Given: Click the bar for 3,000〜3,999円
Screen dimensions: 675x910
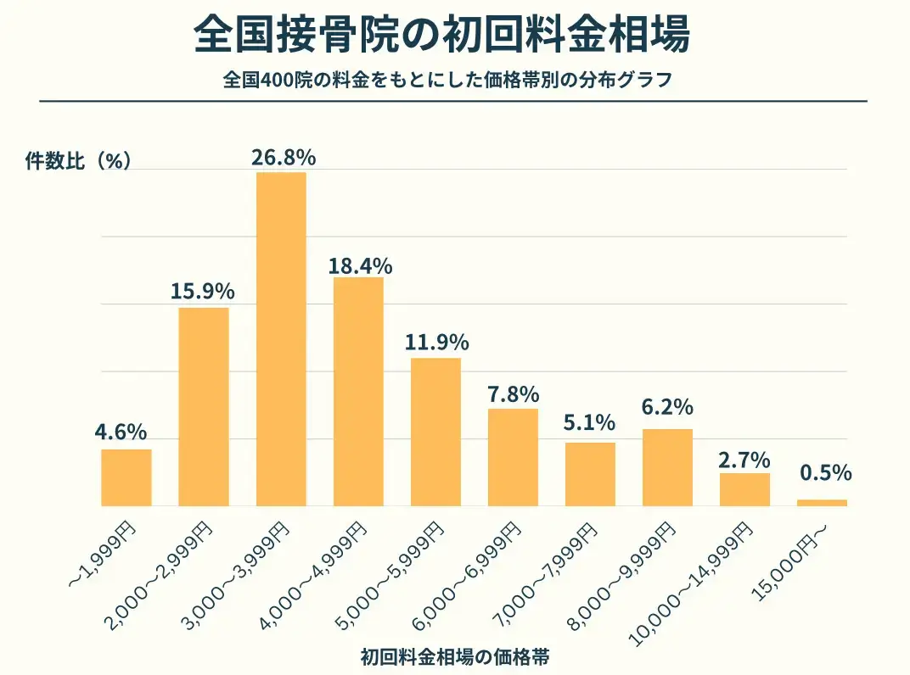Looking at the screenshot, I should (x=281, y=339).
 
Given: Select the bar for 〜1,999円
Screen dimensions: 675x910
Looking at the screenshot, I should (x=126, y=477).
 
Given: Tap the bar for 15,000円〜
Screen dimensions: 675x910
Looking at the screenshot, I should (x=822, y=503).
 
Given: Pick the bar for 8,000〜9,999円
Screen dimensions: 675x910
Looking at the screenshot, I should (x=667, y=467).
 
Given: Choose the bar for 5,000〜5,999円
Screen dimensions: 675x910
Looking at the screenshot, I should (x=435, y=432).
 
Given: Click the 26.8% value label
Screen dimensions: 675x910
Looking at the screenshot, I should (x=284, y=158).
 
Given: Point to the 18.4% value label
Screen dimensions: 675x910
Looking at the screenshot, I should (x=360, y=265).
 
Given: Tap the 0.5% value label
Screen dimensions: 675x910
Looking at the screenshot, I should (x=825, y=473).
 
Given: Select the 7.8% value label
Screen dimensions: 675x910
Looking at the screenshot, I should (x=514, y=394).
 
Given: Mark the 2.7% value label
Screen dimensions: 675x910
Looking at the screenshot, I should (x=744, y=460).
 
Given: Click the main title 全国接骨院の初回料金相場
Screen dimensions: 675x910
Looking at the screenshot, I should (x=441, y=36).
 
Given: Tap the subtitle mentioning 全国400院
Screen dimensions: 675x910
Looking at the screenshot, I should (x=447, y=81).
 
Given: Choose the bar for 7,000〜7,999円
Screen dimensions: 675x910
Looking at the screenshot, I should (x=590, y=474).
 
